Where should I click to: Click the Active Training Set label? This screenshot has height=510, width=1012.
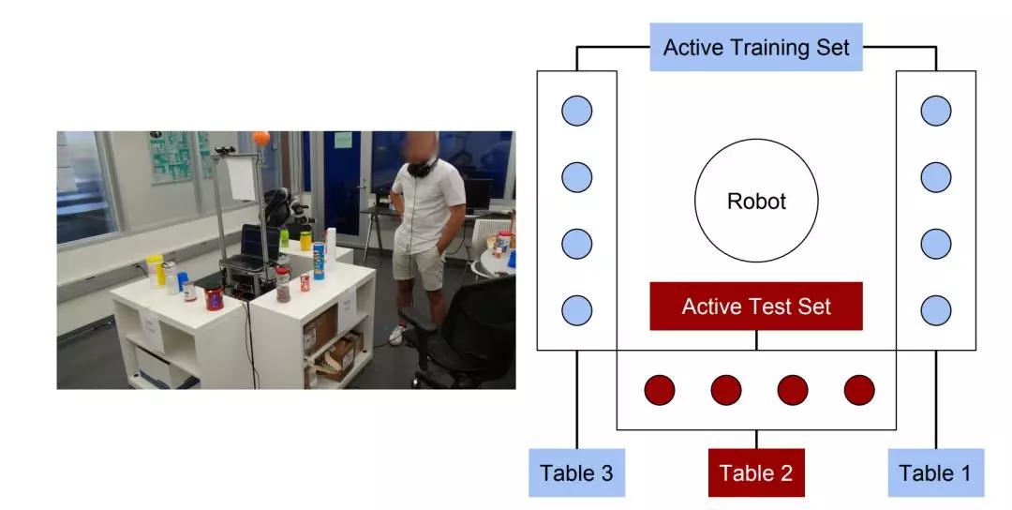click(x=756, y=47)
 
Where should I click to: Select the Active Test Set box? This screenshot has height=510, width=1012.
click(x=756, y=306)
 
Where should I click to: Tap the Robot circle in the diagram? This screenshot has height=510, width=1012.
click(x=756, y=201)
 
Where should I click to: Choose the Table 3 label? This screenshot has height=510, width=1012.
click(x=576, y=472)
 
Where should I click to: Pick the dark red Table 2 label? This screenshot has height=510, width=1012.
click(x=756, y=472)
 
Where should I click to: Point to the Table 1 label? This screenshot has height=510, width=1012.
click(x=936, y=472)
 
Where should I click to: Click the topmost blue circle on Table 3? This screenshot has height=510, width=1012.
click(x=576, y=111)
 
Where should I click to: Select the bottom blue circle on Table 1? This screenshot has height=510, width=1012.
click(x=936, y=310)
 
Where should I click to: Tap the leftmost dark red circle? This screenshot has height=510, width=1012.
click(x=660, y=390)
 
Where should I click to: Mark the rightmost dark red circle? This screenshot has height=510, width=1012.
click(x=859, y=390)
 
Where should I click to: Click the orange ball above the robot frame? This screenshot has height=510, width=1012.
click(x=261, y=138)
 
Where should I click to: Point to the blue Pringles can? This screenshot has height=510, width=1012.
click(x=319, y=261)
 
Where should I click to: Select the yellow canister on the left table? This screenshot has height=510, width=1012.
click(x=155, y=271)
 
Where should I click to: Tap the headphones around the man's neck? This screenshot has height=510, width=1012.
click(x=422, y=167)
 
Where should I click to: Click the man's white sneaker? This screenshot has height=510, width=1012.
click(x=397, y=335)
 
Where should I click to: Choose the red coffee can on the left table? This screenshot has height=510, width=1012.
click(x=214, y=297)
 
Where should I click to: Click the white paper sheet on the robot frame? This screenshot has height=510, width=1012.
click(x=242, y=178)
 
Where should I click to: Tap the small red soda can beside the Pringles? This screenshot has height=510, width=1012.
click(x=305, y=282)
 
